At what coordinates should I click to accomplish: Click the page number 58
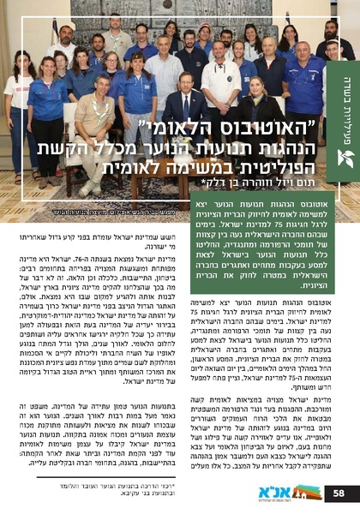340,493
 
